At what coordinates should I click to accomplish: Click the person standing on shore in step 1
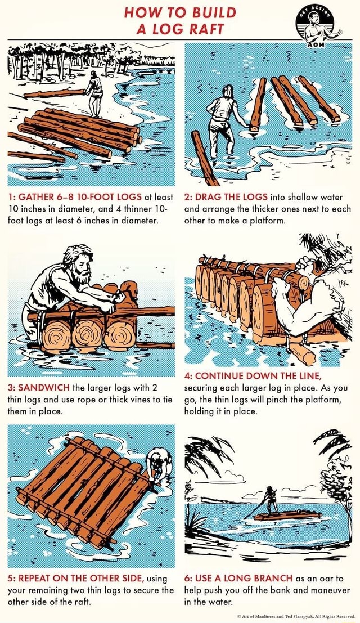click(x=94, y=93)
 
